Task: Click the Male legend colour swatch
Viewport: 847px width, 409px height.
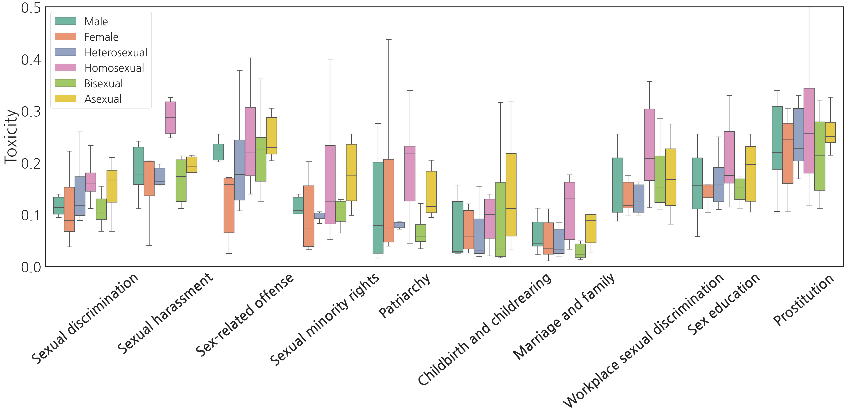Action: (x=65, y=21)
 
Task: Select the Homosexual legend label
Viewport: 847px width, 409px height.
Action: (x=114, y=68)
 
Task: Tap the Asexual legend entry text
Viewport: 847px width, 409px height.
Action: (x=103, y=99)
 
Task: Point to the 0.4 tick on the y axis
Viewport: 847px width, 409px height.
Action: (x=31, y=60)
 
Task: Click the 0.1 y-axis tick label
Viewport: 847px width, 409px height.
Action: (x=31, y=215)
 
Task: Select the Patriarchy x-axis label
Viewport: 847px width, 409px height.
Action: (x=404, y=296)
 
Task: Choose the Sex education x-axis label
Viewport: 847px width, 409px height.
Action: (x=724, y=304)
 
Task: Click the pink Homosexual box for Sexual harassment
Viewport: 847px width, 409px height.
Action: (x=170, y=117)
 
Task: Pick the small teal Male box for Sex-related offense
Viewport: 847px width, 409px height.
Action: (x=218, y=152)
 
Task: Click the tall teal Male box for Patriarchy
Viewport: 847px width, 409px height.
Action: (x=378, y=207)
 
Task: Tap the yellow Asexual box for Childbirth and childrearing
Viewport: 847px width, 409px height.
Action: (x=511, y=195)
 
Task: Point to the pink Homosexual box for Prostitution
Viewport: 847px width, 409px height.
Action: (x=809, y=130)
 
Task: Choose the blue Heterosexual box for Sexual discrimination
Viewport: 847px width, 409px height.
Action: (x=80, y=196)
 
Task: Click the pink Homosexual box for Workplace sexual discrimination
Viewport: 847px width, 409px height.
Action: (x=649, y=145)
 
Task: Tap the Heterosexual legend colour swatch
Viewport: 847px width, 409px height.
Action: (x=65, y=52)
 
